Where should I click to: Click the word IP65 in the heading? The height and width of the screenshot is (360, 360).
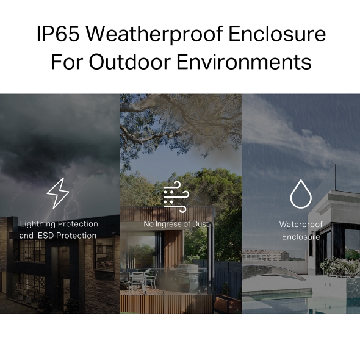[58, 35]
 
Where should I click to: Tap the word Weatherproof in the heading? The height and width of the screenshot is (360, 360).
[153, 35]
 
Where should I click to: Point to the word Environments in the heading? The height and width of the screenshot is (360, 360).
[251, 62]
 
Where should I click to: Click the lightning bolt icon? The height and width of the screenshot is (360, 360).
[58, 193]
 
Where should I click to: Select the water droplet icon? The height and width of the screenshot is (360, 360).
[300, 194]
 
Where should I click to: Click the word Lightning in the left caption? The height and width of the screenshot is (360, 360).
[38, 224]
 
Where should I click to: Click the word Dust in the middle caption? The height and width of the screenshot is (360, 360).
[200, 224]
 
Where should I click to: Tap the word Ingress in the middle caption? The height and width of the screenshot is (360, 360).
[170, 224]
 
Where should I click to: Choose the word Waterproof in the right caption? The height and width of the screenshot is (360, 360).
[301, 225]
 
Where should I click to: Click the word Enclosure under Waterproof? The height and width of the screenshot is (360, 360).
[301, 237]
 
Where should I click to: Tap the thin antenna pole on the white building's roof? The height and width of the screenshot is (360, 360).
[335, 177]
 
